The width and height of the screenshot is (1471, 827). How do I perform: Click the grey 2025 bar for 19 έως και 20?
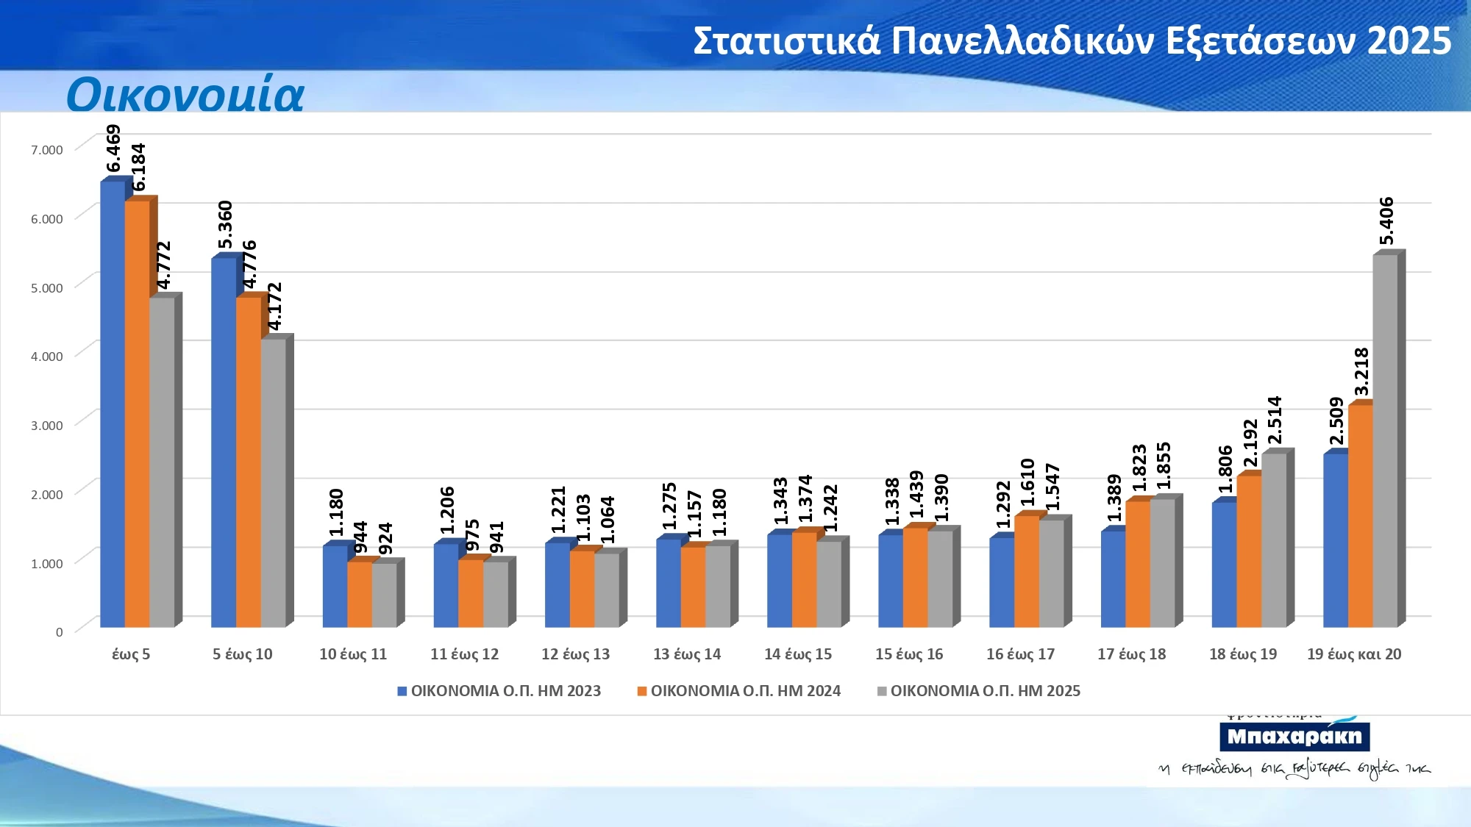pos(1385,441)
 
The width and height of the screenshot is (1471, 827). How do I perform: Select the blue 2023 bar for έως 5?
pos(113,404)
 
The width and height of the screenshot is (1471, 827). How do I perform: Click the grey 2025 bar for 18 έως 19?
pos(1274,540)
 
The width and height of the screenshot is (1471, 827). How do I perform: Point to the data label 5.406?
pos(1386,221)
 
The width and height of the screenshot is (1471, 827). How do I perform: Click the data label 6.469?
pos(113,148)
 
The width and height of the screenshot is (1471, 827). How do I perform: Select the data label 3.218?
pos(1361,371)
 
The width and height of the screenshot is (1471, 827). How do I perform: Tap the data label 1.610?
pos(1027,482)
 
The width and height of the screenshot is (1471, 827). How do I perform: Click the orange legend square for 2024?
pos(642,691)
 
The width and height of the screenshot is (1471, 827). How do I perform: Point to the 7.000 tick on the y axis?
pos(47,150)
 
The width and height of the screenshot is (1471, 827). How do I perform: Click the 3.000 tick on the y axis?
pos(47,426)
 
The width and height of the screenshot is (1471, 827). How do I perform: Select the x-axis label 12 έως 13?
pos(575,654)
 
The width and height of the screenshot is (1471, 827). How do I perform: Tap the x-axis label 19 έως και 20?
pos(1354,654)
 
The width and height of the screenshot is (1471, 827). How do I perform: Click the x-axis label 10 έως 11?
pos(353,654)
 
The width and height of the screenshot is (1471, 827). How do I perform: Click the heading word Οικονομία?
pos(185,95)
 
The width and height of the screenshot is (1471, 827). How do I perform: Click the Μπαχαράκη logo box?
pos(1294,737)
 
